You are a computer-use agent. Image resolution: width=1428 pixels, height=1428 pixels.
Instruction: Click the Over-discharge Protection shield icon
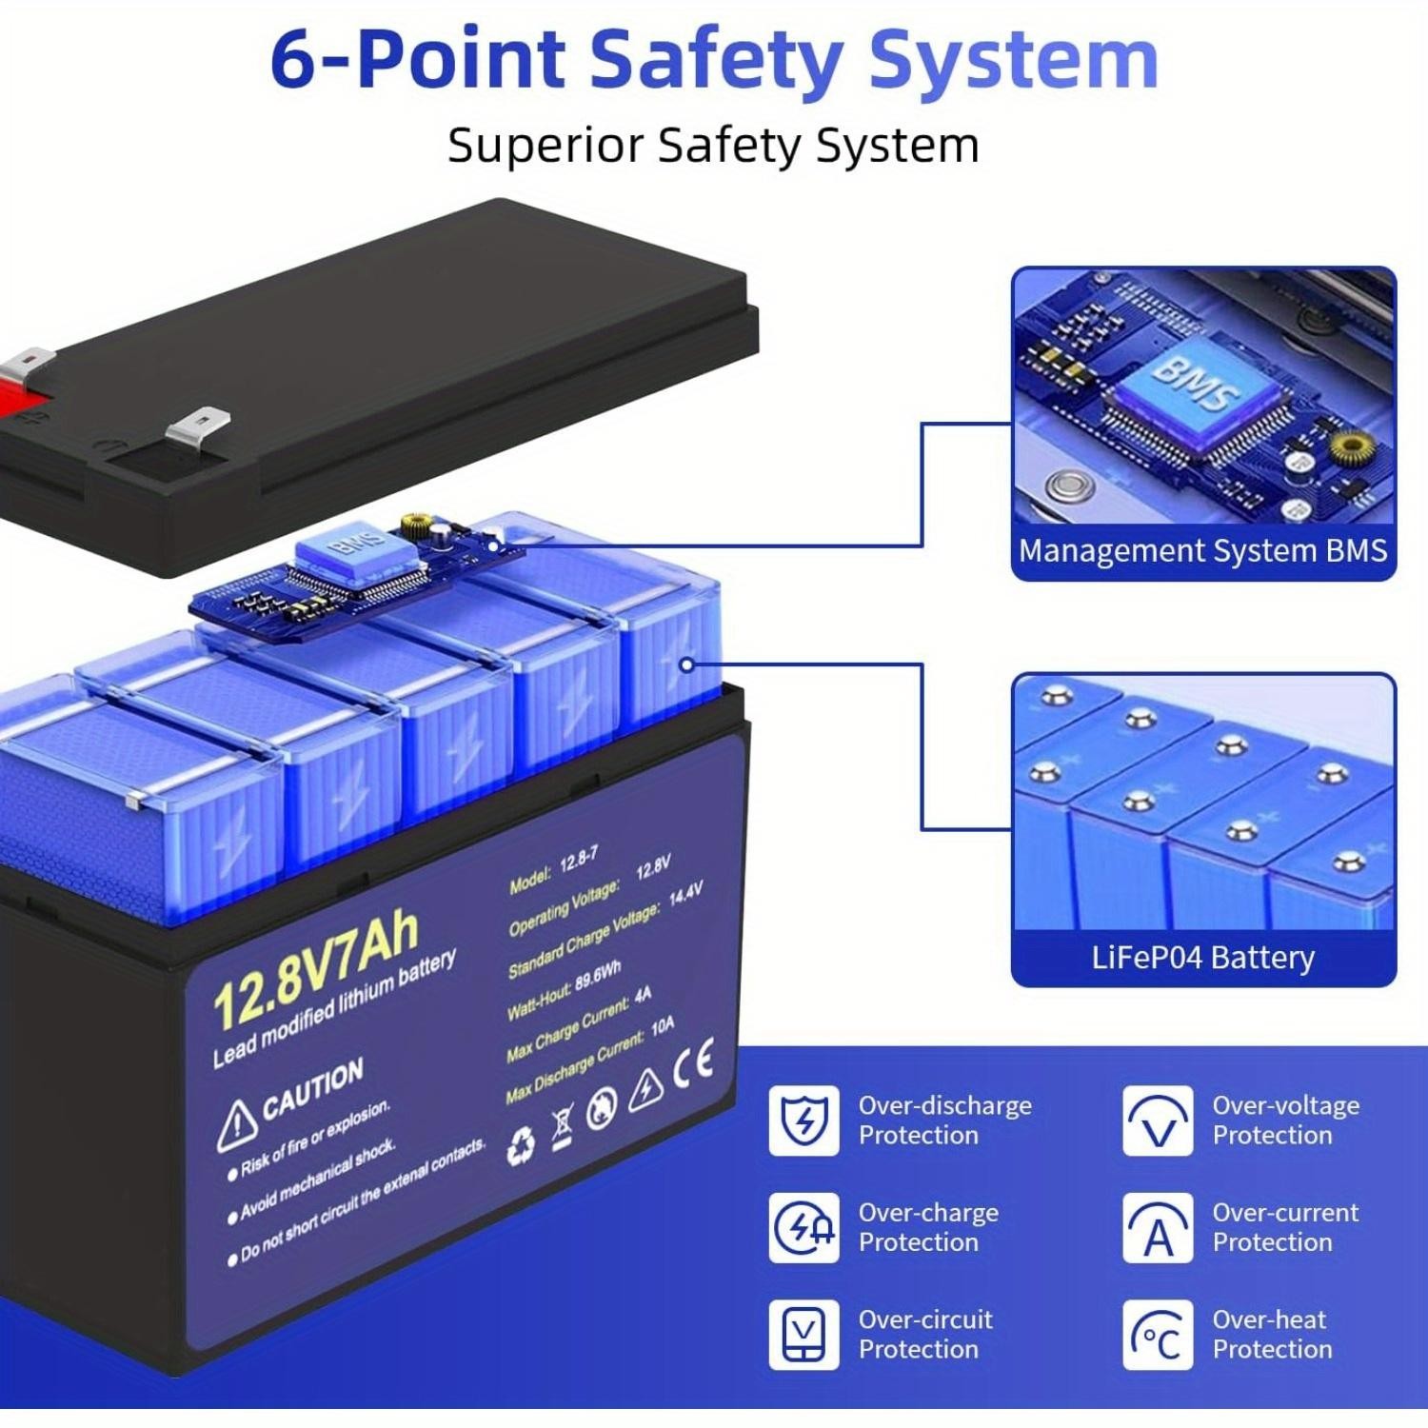click(x=803, y=1121)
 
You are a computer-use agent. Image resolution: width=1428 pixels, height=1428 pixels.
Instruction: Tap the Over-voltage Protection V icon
click(x=1157, y=1121)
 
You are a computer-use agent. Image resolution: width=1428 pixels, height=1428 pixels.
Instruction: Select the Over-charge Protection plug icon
click(x=803, y=1228)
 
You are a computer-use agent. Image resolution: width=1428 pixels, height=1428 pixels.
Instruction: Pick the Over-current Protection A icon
click(x=1157, y=1228)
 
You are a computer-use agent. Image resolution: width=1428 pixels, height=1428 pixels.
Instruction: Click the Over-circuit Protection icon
click(x=803, y=1335)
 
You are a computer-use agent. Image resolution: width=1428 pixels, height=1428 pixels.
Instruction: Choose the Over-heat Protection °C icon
click(x=1157, y=1335)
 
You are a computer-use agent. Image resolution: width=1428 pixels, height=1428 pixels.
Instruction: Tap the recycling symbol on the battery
click(x=521, y=1147)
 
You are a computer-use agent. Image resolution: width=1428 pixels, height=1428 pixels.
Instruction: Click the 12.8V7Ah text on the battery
click(x=315, y=970)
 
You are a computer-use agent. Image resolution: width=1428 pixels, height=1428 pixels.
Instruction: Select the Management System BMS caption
click(x=1202, y=551)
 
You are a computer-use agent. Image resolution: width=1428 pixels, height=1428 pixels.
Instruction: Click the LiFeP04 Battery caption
click(x=1202, y=957)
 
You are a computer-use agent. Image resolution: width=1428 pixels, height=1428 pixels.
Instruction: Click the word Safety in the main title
click(x=714, y=59)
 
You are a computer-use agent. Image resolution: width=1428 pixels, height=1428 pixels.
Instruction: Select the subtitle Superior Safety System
click(x=713, y=146)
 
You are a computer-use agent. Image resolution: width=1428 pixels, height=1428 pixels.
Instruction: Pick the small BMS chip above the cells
click(x=340, y=552)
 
